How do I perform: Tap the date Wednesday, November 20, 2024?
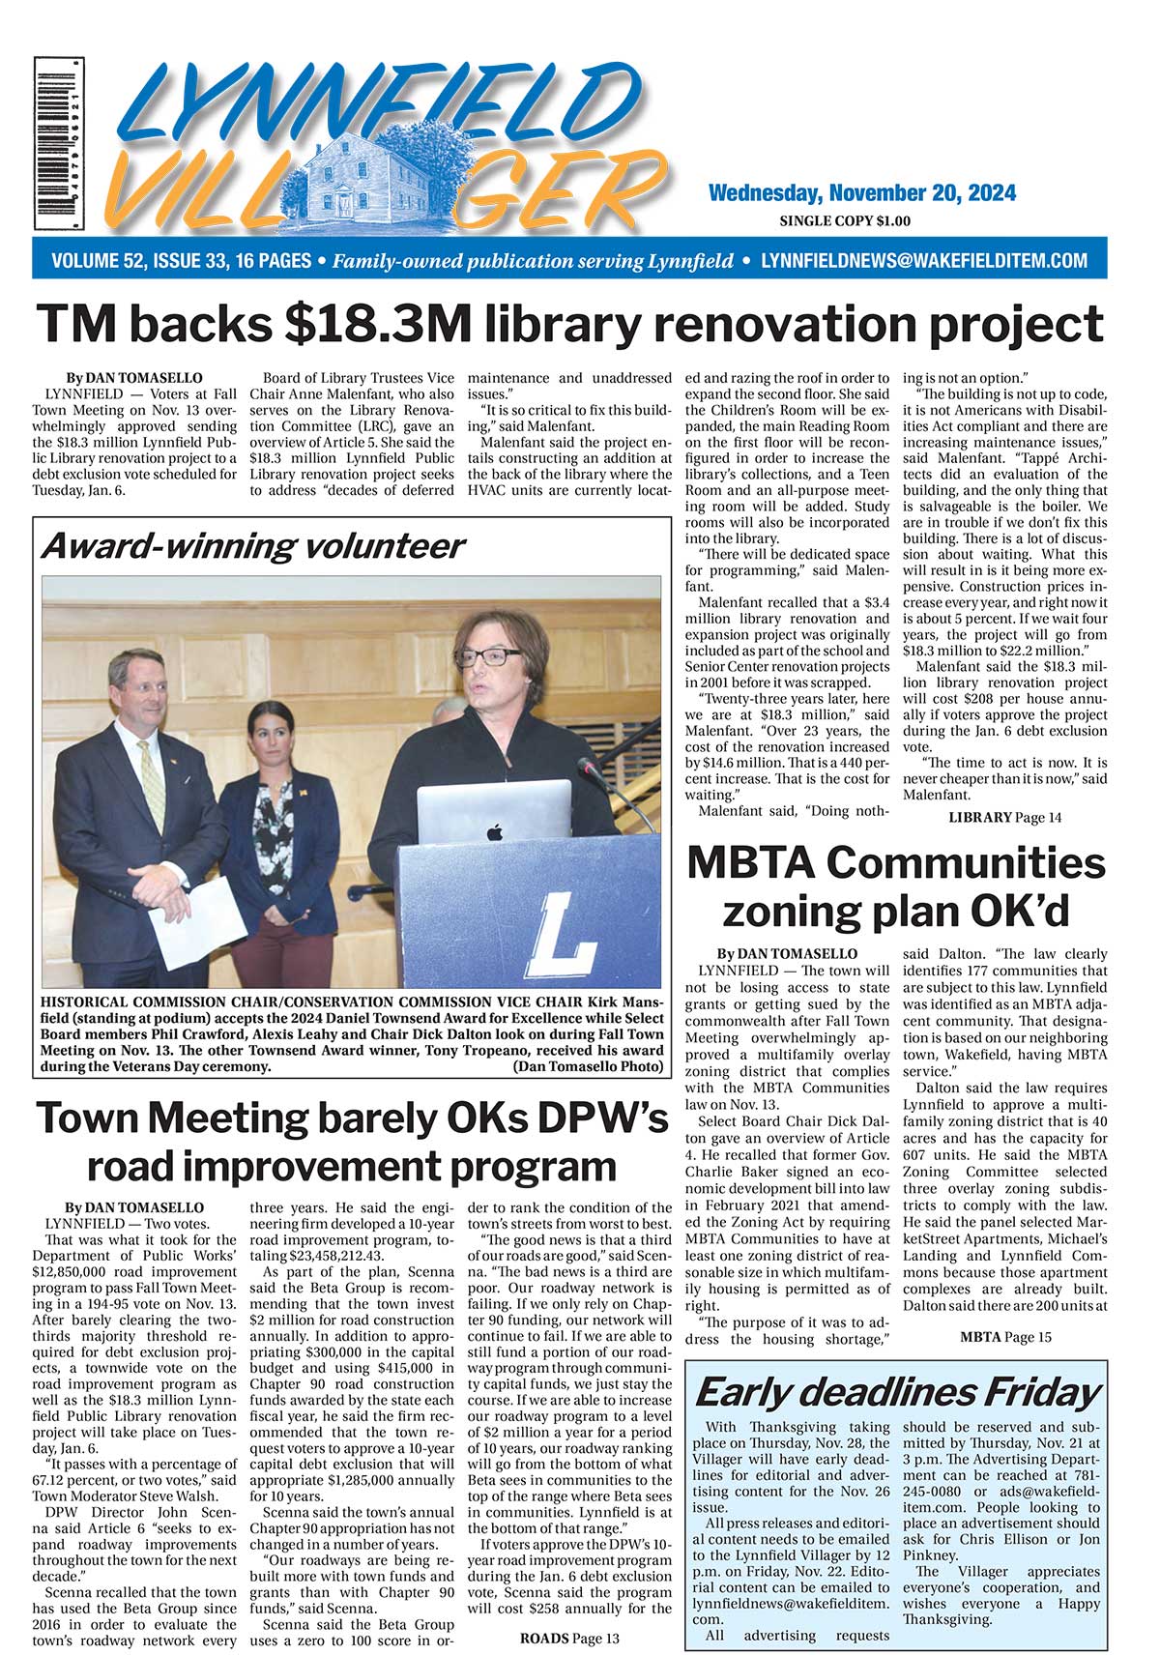click(861, 192)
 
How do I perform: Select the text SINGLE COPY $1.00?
click(845, 221)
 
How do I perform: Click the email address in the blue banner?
click(924, 261)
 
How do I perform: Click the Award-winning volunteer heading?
click(252, 546)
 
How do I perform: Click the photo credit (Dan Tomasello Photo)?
click(589, 1066)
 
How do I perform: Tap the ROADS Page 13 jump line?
click(569, 1639)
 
